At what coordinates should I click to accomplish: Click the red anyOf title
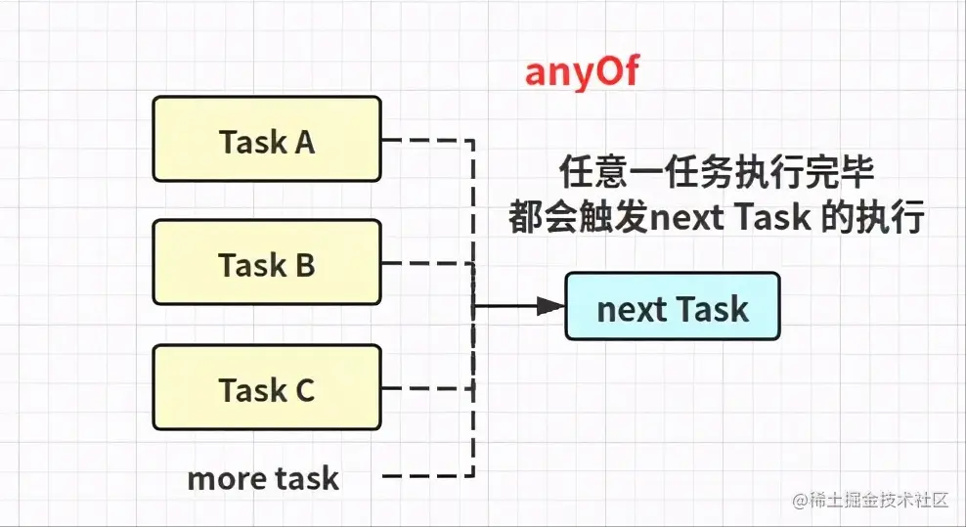click(582, 72)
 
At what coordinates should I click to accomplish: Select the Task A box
click(267, 139)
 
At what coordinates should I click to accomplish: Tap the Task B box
click(267, 263)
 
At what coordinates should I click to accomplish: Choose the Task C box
click(267, 387)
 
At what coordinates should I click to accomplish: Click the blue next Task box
click(673, 306)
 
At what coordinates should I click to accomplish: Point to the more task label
click(263, 478)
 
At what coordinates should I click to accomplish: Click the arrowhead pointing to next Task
click(550, 306)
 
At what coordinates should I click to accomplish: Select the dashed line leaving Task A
click(427, 140)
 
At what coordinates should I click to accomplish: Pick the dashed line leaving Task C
click(427, 388)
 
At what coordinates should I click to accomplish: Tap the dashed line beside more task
click(427, 476)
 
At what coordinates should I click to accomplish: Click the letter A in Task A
click(304, 143)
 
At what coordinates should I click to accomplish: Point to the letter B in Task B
click(305, 266)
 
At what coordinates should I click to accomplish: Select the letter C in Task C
click(305, 390)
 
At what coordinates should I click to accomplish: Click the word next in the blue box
click(631, 309)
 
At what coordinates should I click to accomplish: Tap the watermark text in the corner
click(870, 500)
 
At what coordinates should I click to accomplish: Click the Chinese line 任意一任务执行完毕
click(717, 172)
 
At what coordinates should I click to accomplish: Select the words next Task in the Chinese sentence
click(730, 217)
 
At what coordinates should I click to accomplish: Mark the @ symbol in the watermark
click(801, 501)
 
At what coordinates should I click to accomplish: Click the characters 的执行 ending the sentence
click(873, 217)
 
